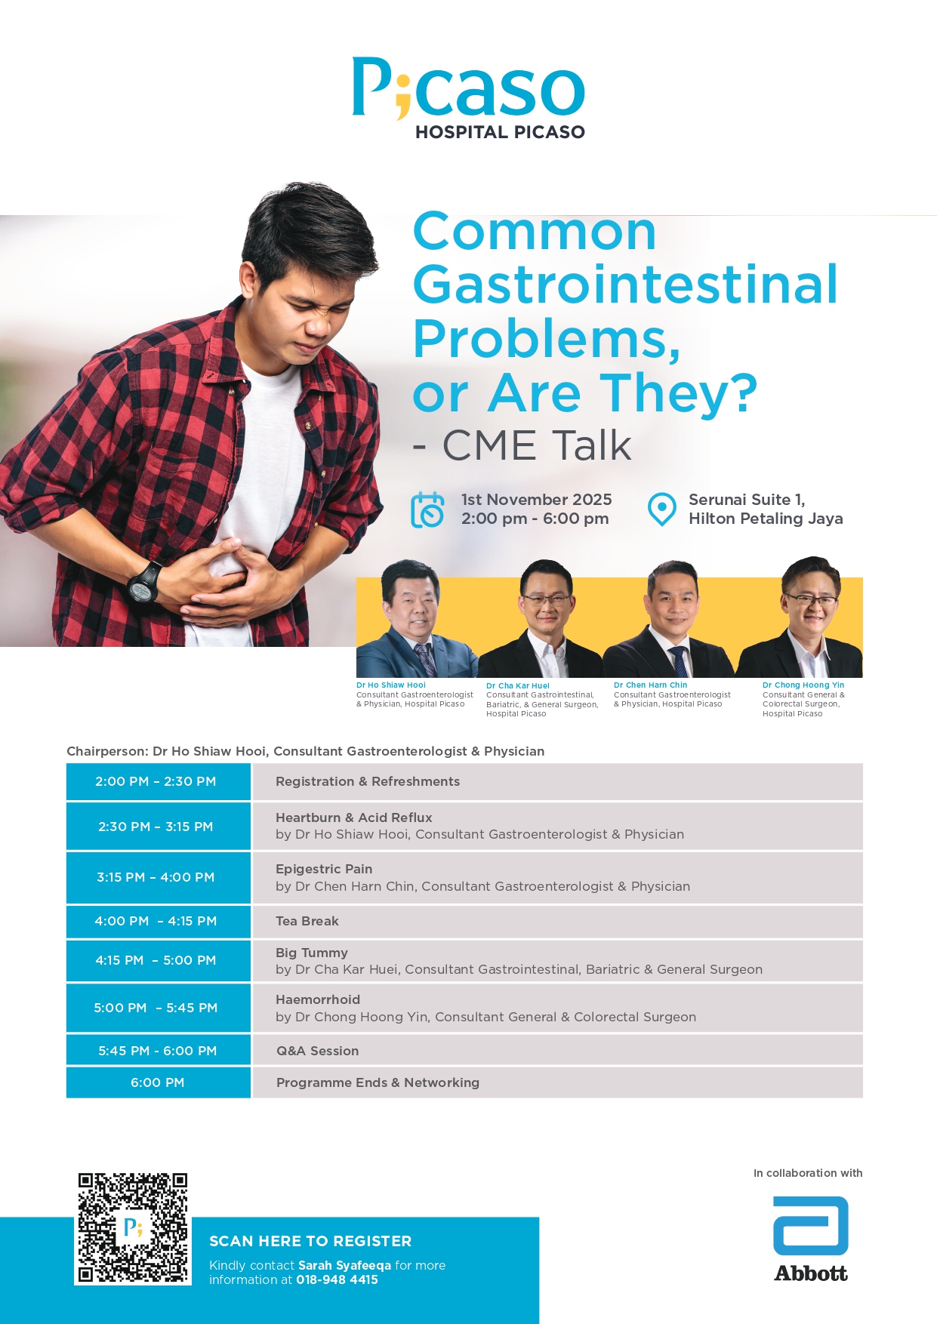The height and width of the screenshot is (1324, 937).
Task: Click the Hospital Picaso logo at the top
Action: point(468,98)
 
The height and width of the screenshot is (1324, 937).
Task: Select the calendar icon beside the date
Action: point(427,510)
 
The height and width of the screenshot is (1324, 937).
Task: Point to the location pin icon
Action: point(662,510)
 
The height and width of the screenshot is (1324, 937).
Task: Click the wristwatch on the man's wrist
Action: point(144,582)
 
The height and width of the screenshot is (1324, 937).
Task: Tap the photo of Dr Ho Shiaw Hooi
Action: point(415,619)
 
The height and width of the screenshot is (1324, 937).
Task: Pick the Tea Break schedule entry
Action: point(307,921)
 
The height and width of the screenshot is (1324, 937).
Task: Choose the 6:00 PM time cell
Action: point(159,1082)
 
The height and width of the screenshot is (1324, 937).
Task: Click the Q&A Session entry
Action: point(318,1051)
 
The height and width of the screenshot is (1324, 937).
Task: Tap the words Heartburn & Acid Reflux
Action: point(354,817)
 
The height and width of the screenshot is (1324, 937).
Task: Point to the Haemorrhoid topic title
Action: point(318,999)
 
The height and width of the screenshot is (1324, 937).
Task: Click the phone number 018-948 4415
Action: point(337,1279)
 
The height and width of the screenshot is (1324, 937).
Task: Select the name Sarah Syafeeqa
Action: point(344,1265)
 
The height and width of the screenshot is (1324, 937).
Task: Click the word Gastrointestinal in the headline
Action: point(625,285)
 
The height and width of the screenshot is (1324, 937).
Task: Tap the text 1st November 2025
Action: point(537,500)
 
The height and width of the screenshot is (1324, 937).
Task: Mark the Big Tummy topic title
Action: point(312,953)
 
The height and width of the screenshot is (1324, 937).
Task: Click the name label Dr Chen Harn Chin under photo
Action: point(651,685)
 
